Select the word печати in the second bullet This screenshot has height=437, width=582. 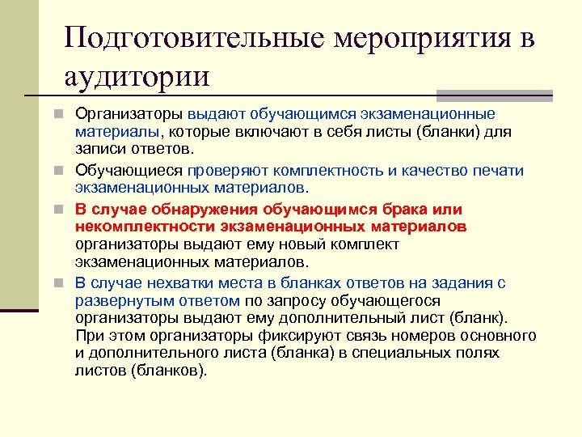(499, 170)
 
